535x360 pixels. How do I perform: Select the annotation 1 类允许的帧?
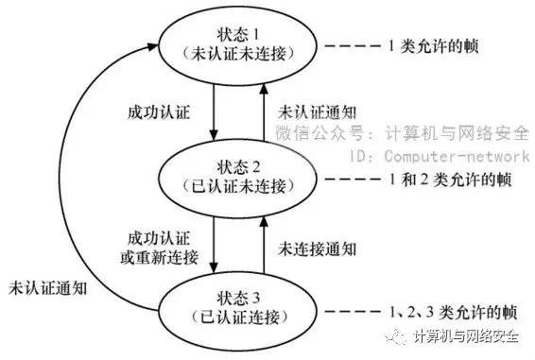click(x=434, y=44)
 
